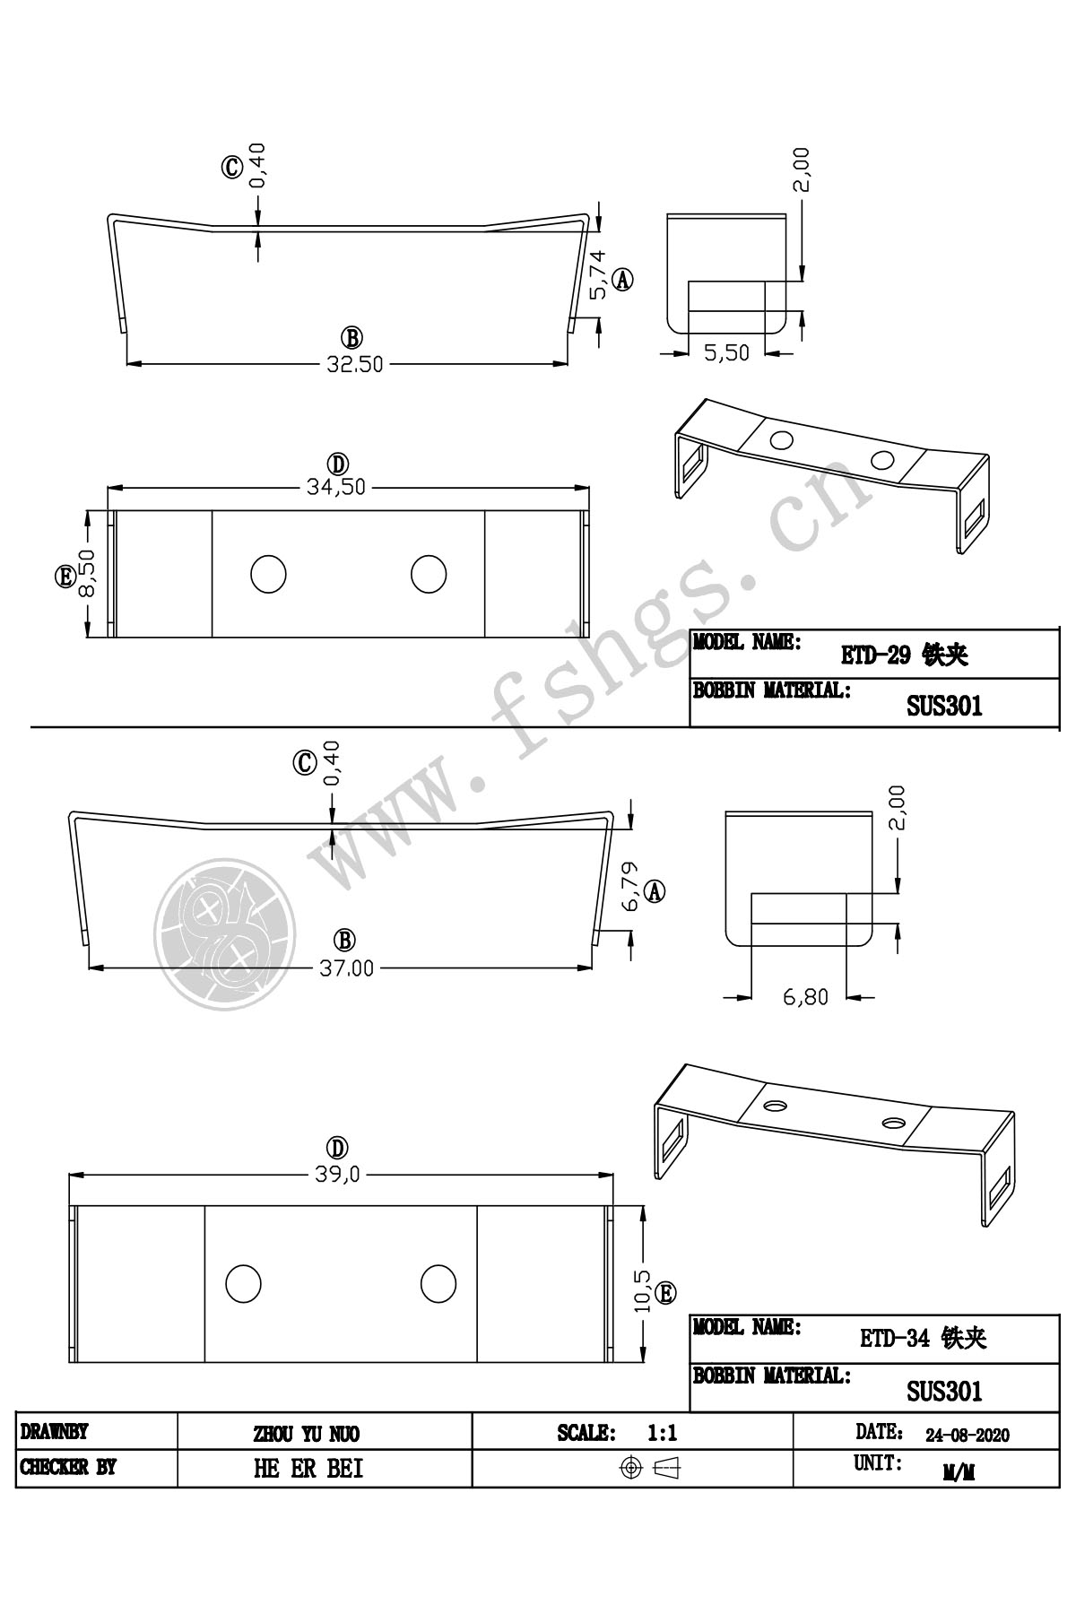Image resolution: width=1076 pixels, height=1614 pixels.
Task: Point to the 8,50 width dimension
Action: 87,575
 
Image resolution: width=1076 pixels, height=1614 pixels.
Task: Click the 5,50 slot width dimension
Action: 726,353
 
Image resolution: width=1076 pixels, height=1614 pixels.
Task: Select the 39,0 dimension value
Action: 337,1176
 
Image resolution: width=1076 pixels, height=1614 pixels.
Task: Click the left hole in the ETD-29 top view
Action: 267,574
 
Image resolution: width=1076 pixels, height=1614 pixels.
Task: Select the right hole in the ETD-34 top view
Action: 438,1283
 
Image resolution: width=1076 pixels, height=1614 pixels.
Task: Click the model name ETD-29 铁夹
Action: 904,655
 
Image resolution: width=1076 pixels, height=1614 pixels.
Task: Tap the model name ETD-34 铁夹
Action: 924,1340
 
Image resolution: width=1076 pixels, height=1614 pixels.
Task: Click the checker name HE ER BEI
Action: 308,1469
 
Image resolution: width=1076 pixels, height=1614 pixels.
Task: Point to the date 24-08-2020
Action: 968,1436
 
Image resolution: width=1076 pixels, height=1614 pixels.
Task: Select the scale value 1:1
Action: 662,1434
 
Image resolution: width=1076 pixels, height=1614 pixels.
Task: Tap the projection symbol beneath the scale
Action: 652,1468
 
